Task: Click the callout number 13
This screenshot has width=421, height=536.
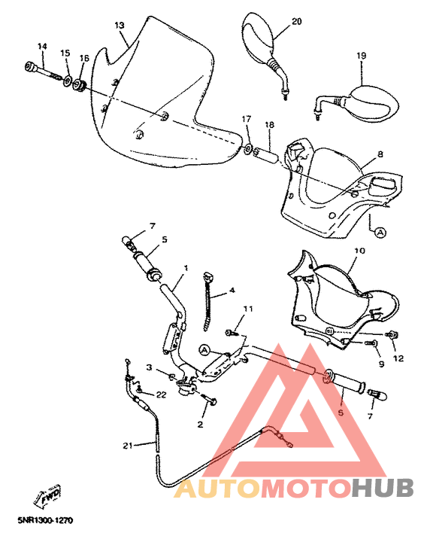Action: tap(119, 25)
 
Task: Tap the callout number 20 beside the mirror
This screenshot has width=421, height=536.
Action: tap(295, 21)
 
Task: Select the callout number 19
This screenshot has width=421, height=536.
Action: tap(361, 56)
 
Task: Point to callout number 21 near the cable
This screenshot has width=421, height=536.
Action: tap(127, 446)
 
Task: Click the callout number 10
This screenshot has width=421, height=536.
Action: tap(359, 250)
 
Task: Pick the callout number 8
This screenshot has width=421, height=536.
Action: tap(380, 154)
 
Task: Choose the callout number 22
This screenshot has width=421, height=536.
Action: tap(162, 394)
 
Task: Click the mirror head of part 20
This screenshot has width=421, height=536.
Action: tap(256, 37)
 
